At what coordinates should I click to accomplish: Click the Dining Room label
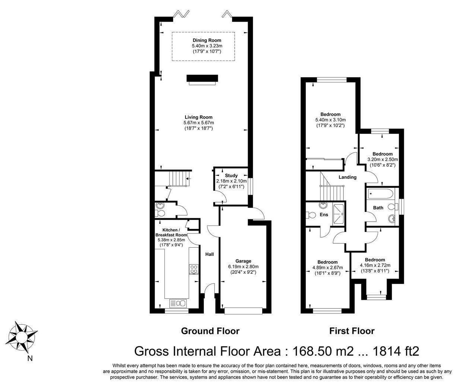point(207,40)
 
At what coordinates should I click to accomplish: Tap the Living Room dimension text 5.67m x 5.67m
point(199,123)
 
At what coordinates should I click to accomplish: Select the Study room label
point(231,175)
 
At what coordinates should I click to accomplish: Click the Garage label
point(243,261)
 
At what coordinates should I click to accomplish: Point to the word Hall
point(209,254)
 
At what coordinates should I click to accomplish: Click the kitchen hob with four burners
point(194,269)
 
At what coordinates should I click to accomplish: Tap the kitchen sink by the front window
point(178,303)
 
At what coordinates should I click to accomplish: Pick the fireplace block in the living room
point(202,78)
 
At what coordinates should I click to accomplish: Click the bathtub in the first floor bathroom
point(381,194)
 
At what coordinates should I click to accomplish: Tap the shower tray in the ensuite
point(339,214)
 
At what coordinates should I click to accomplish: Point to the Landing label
point(347,177)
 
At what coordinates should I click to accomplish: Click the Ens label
point(324,215)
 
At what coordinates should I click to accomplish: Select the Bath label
point(378,207)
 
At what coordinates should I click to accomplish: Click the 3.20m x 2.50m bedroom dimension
point(383,159)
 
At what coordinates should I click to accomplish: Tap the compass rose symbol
point(22,336)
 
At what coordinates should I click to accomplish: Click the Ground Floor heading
point(210,331)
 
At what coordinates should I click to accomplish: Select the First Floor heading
point(352,331)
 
